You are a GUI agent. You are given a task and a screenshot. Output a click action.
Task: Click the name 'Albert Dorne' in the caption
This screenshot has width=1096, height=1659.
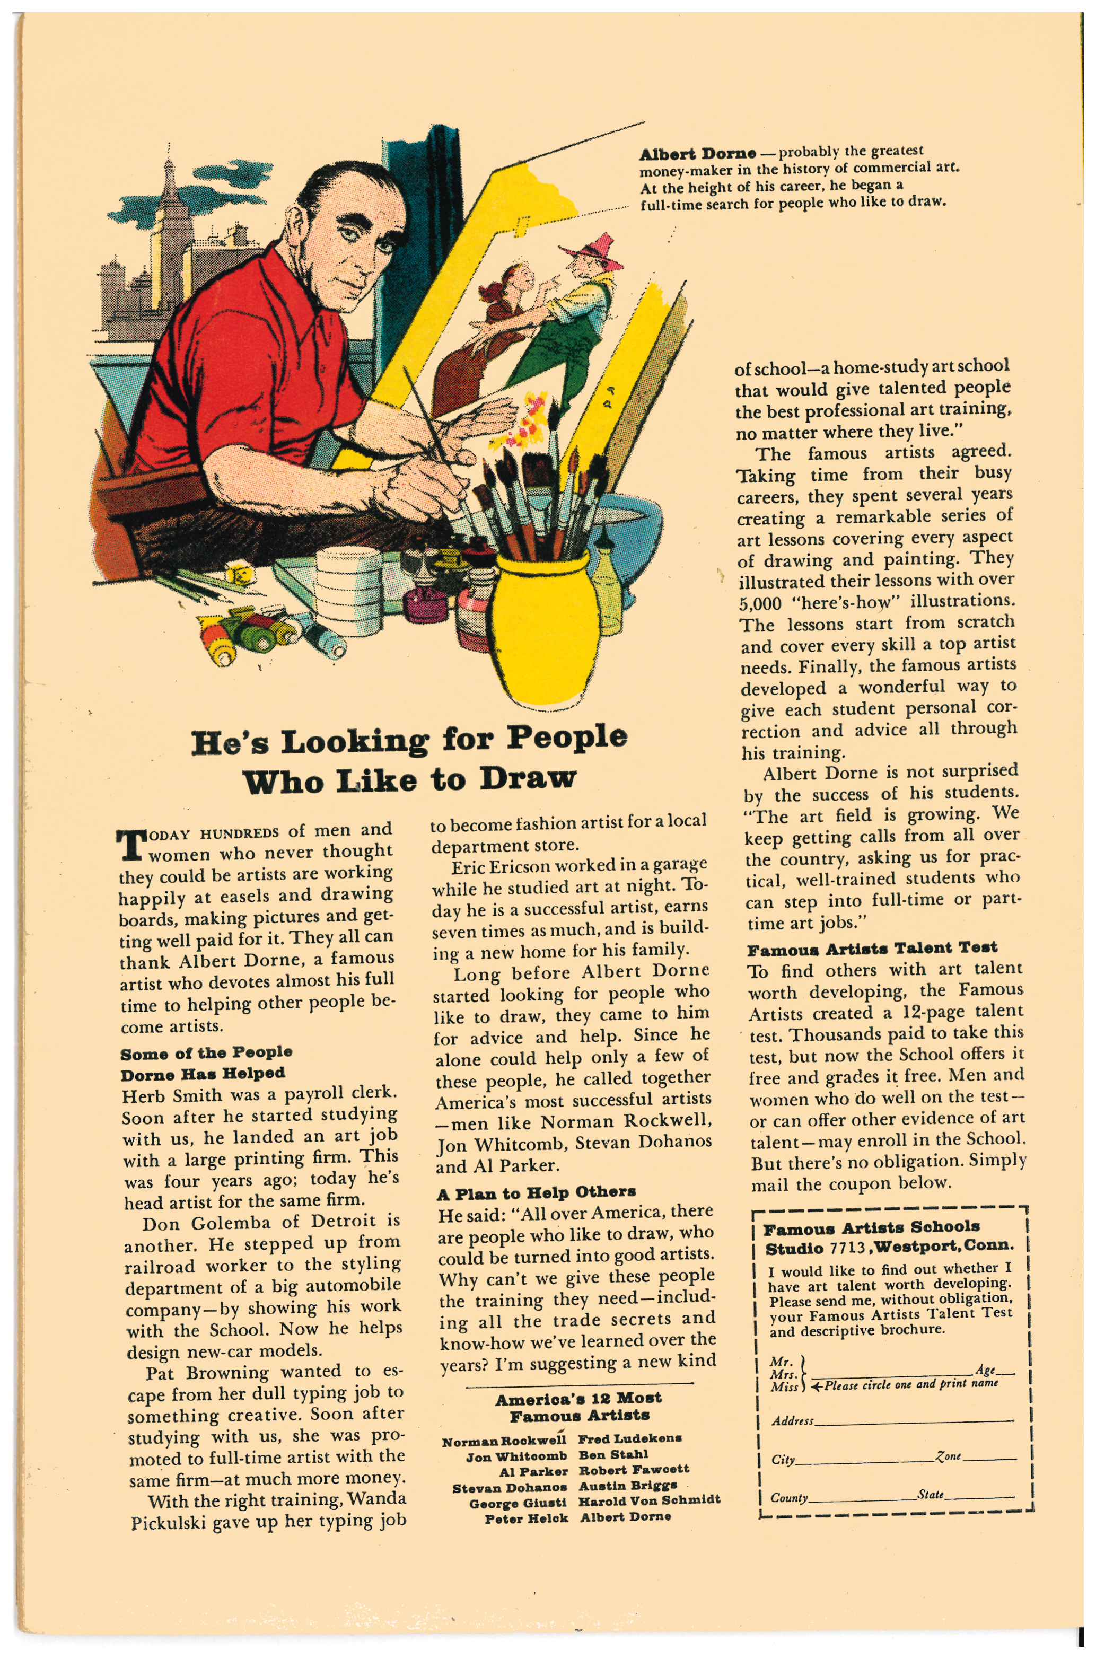point(697,154)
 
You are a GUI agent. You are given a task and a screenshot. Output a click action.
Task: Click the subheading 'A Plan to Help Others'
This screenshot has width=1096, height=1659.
point(536,1192)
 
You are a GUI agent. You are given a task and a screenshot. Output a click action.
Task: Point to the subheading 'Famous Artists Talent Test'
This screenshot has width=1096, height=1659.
point(872,949)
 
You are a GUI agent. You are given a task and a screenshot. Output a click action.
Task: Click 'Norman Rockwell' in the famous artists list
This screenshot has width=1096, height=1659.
point(503,1442)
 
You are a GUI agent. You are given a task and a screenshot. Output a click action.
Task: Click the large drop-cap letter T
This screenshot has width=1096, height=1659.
point(131,845)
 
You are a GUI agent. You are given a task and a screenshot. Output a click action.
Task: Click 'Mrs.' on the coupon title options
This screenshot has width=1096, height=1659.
point(783,1374)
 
